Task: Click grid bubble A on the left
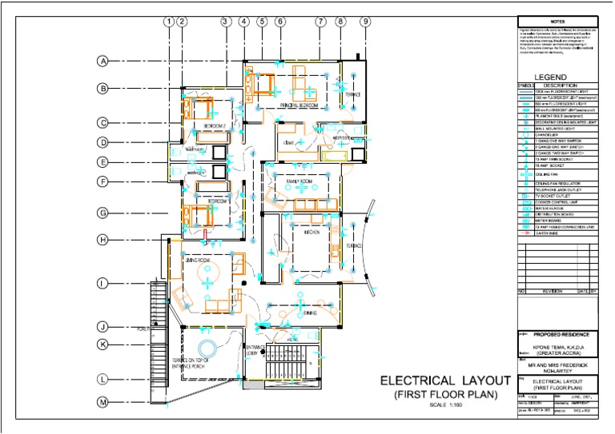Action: pyautogui.click(x=103, y=62)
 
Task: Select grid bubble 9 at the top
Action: pyautogui.click(x=365, y=22)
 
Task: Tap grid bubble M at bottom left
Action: pyautogui.click(x=103, y=402)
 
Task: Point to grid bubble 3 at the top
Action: pyautogui.click(x=226, y=22)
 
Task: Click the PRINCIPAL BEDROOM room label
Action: pyautogui.click(x=299, y=106)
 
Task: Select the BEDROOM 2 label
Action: pyautogui.click(x=215, y=126)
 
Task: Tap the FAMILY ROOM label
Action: pyautogui.click(x=300, y=183)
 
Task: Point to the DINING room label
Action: pyautogui.click(x=310, y=313)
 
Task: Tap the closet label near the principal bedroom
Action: pyautogui.click(x=286, y=143)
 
